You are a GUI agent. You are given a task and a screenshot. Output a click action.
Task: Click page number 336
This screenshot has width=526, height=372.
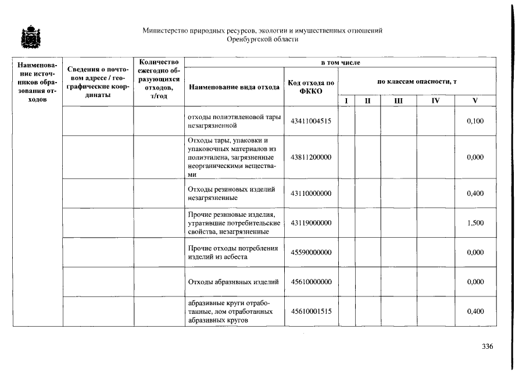click(487, 347)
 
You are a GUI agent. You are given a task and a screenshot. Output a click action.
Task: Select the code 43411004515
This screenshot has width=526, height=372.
click(311, 121)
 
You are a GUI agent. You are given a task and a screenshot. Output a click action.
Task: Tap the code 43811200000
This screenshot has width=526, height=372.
click(311, 158)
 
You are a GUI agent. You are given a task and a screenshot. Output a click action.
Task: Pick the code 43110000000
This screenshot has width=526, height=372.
click(311, 194)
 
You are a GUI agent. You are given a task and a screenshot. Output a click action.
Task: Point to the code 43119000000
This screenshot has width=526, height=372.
click(311, 223)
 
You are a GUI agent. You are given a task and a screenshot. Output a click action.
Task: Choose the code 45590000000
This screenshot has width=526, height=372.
click(311, 252)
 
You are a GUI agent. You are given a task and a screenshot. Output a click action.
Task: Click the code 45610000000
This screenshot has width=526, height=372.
click(311, 282)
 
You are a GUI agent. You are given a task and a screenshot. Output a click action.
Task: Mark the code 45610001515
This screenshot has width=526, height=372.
click(311, 312)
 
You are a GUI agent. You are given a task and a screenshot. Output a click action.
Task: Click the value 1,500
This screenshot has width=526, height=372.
click(475, 223)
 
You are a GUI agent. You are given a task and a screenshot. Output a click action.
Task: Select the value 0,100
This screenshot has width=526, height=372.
click(475, 121)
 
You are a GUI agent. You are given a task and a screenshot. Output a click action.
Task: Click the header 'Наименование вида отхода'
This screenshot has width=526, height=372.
click(234, 88)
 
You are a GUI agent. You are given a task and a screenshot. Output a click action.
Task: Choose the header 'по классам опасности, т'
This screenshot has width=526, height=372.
click(417, 82)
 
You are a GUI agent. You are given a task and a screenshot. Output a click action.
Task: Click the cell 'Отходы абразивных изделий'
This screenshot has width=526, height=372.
click(234, 282)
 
